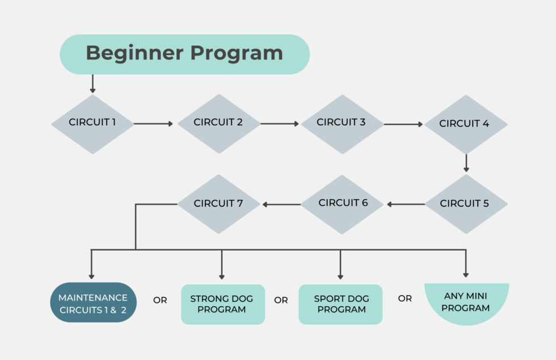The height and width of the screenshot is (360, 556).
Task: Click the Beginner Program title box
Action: pos(184,54)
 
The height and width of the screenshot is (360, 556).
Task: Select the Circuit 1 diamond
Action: pos(92,123)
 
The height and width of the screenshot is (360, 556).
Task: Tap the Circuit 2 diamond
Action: pos(218,123)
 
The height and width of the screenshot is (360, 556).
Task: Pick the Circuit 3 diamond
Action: pos(342,123)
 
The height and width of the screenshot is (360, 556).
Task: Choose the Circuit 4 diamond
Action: pos(465,124)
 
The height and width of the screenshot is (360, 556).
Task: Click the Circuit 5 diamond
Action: pos(465,204)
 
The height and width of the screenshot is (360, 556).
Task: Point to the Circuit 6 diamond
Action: pos(343,204)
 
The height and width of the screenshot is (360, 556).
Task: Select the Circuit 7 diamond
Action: pos(218,204)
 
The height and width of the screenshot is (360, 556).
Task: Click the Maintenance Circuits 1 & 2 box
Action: pos(93,303)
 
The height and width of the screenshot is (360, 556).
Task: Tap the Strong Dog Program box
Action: pos(222,304)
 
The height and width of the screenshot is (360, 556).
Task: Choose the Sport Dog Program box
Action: pos(340,304)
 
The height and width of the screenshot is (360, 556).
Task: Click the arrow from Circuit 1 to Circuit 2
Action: pos(153,124)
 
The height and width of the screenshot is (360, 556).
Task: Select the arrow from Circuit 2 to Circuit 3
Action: pos(279,124)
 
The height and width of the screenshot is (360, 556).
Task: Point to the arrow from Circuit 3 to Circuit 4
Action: pos(403,124)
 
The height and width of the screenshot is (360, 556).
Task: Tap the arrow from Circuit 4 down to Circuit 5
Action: pos(466,163)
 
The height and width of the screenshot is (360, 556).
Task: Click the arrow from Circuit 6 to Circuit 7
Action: pos(281,204)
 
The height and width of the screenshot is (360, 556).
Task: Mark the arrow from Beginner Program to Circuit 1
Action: pos(92,84)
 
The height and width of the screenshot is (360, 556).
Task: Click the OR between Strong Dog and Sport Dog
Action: pos(281,300)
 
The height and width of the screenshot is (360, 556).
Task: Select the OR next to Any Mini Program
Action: pos(405,298)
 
